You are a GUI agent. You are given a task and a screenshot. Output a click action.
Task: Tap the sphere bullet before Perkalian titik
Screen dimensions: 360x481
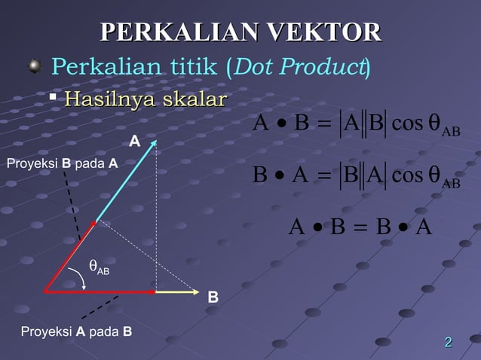coord(34,69)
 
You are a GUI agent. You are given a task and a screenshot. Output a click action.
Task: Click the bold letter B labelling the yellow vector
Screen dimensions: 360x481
coord(213,298)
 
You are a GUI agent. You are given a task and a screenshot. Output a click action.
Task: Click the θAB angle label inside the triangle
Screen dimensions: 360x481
coord(99,267)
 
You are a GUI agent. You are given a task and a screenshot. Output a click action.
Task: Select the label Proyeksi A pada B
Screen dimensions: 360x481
coord(76,331)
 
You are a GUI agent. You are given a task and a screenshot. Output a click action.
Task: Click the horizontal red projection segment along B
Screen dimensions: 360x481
coord(98,291)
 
